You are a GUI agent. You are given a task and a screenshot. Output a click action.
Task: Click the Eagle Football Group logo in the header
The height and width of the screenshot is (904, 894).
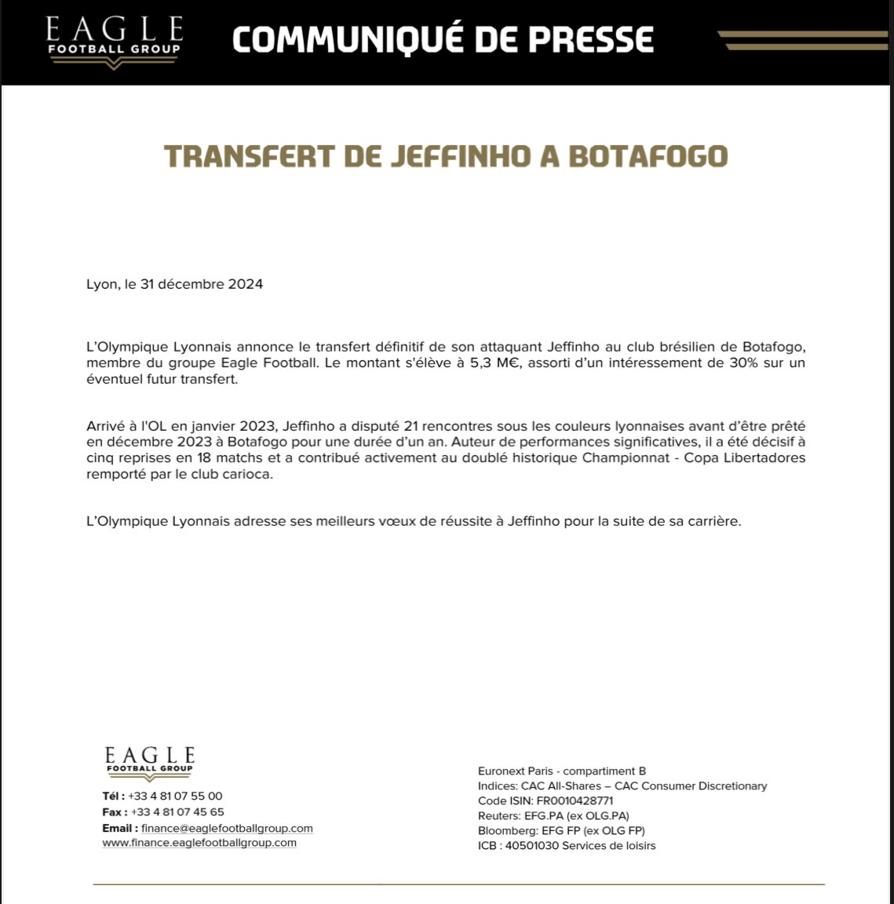pos(114,39)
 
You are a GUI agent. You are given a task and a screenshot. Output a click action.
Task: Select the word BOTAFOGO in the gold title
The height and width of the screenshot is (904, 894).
pos(648,156)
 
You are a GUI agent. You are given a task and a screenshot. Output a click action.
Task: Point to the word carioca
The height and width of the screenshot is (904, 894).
pos(247,474)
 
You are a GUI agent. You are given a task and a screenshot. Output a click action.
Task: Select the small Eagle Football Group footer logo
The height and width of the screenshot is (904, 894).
pos(149,763)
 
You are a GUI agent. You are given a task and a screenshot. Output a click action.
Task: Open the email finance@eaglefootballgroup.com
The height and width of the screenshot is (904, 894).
pos(227,829)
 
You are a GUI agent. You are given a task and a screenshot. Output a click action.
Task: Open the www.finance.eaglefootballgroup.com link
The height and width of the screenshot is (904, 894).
pos(199,843)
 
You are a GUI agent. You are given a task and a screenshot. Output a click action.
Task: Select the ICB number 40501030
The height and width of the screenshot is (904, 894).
pos(533,846)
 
